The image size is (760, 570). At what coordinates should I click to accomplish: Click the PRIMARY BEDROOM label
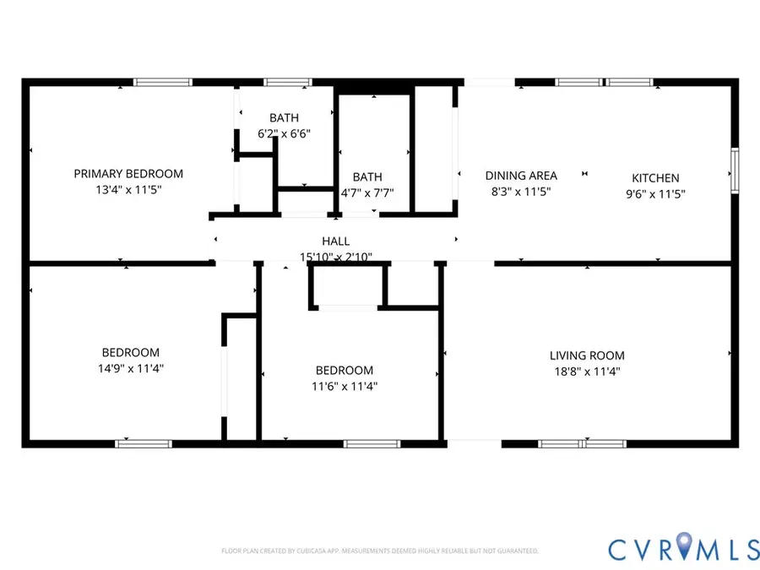pos(128,174)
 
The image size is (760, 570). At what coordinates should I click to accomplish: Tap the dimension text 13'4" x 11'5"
pos(128,190)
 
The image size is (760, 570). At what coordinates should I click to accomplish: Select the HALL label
pos(335,242)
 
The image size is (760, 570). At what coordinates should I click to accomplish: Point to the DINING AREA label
pos(521,176)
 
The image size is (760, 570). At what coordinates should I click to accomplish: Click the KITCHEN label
pos(655,178)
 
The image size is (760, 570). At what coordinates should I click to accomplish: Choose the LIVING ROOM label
pos(587,356)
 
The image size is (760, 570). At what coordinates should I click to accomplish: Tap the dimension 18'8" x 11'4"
pos(587,372)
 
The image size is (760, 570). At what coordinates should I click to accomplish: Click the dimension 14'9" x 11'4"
pos(131,368)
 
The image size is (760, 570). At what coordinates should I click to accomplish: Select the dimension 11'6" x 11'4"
pos(344,386)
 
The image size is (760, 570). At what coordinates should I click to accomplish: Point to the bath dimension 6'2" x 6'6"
pos(284,133)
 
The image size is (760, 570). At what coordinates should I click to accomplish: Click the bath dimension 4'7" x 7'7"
pos(367,193)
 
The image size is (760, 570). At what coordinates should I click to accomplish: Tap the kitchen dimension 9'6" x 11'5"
pos(655,193)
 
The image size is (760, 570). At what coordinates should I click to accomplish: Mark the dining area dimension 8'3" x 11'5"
pos(521,192)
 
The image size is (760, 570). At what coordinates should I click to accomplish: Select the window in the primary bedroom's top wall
pos(163,83)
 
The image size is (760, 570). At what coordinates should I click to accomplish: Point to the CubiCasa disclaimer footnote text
pos(379,551)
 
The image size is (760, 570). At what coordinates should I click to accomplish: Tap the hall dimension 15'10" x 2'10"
pos(335,257)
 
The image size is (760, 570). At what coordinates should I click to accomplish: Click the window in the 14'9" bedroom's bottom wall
pos(144,442)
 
